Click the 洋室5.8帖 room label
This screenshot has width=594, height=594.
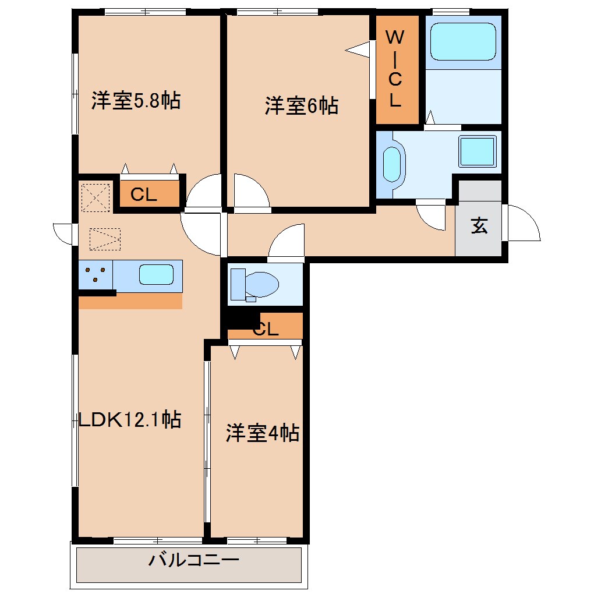pos(135,101)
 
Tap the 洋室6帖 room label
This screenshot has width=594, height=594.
pos(301,106)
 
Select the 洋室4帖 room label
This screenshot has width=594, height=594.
pos(262,433)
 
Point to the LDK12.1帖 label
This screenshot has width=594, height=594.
pos(129,419)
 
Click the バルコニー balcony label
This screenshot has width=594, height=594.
pos(193,561)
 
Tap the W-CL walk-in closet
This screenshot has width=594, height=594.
pos(396,69)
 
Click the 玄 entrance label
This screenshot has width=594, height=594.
pos(479,226)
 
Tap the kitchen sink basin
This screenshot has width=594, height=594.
pos(156,274)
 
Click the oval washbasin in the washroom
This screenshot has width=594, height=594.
pos(393,164)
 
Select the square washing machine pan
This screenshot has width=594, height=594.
pos(478,150)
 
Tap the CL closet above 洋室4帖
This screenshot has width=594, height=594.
pos(266,330)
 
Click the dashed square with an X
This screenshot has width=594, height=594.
pos(95,197)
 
